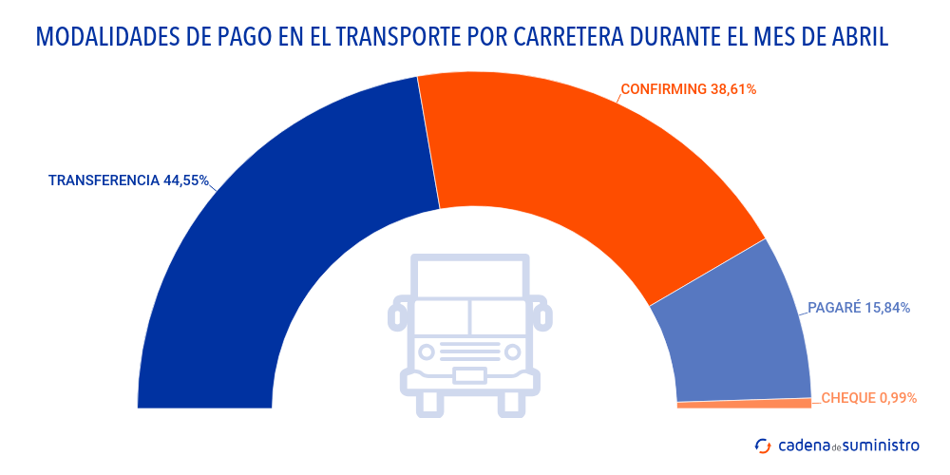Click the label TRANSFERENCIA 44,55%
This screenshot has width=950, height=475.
[x=128, y=180]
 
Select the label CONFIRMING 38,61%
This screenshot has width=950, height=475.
[x=688, y=89]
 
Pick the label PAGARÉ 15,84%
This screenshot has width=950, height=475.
[x=859, y=308]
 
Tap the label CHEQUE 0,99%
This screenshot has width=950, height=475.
[x=868, y=398]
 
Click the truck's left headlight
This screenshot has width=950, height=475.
[x=427, y=352]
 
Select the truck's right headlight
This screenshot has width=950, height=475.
[x=513, y=352]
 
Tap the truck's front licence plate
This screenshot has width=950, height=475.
[x=470, y=374]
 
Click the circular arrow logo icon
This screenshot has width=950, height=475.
[x=762, y=445]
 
